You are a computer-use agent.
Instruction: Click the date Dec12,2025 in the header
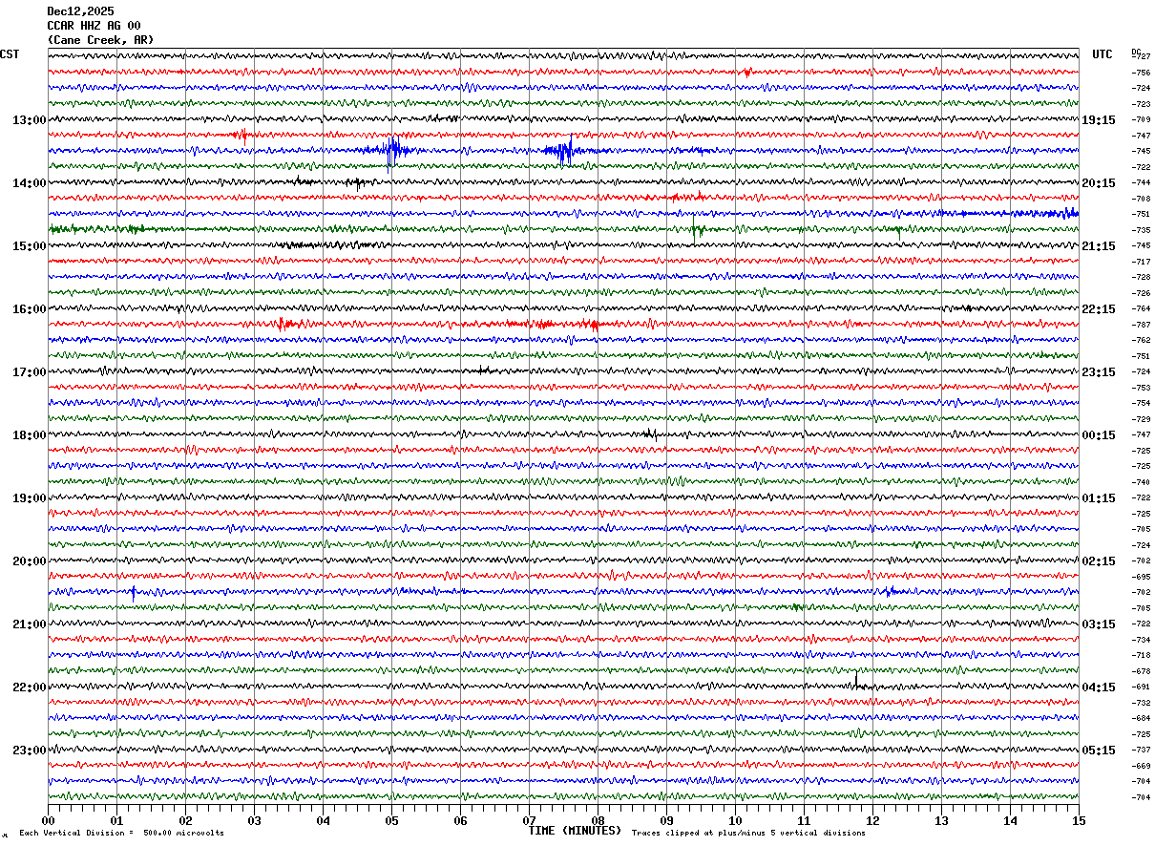(x=80, y=11)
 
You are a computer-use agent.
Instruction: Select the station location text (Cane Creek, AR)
(x=99, y=40)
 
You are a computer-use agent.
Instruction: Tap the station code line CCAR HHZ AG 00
(x=93, y=25)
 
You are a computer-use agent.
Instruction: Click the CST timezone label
(x=10, y=54)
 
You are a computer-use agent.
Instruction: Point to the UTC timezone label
(x=1102, y=54)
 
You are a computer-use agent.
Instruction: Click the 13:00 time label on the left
(x=29, y=120)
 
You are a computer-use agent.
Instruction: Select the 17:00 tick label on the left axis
(x=29, y=372)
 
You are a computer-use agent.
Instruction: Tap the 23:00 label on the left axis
(x=29, y=751)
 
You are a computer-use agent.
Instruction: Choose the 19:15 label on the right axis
(x=1099, y=120)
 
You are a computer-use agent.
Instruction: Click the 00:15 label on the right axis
(x=1099, y=435)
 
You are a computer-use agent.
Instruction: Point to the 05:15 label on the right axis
(x=1099, y=751)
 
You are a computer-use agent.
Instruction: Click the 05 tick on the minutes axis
(x=391, y=820)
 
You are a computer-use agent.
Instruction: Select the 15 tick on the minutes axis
(x=1079, y=820)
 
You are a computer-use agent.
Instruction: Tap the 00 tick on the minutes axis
(x=48, y=820)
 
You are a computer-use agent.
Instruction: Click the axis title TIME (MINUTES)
(x=575, y=831)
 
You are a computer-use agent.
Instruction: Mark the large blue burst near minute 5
(x=391, y=150)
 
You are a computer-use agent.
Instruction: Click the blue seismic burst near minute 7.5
(x=563, y=150)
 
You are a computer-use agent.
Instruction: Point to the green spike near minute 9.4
(x=696, y=229)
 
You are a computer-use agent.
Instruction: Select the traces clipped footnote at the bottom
(x=748, y=834)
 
